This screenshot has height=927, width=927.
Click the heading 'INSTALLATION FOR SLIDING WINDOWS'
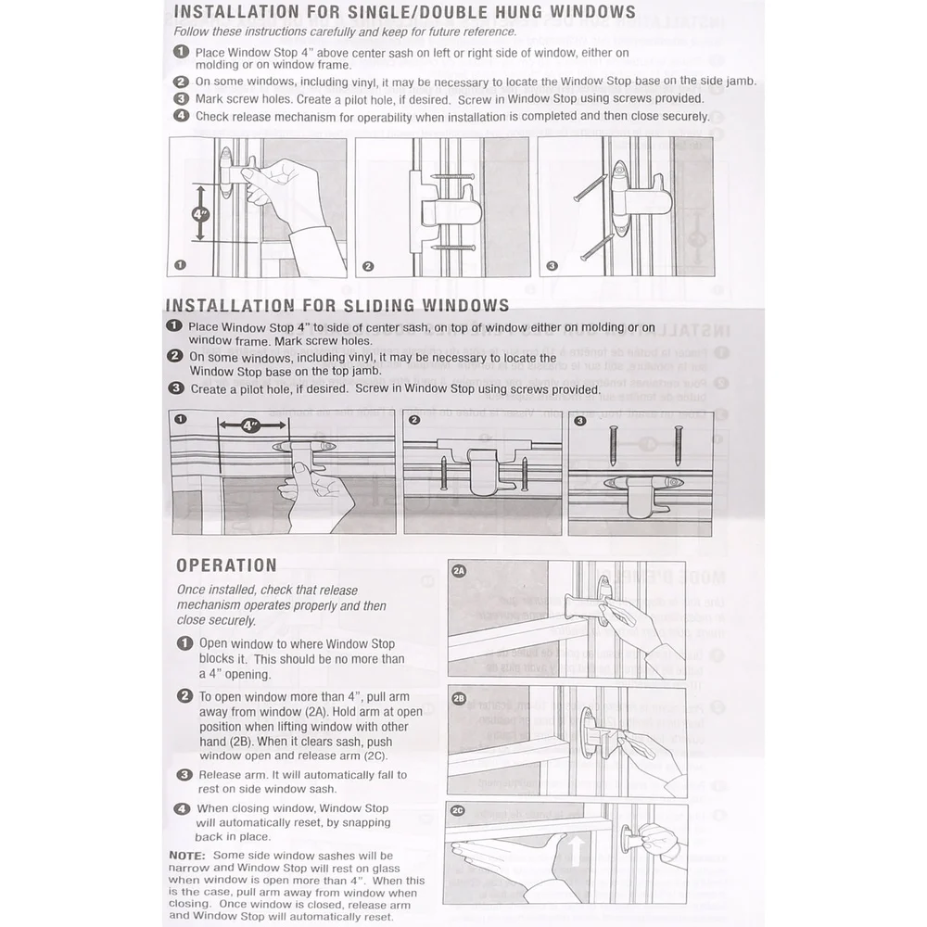pos(337,305)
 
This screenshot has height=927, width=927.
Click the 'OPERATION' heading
pos(226,565)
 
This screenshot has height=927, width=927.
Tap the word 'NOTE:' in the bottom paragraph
pos(188,855)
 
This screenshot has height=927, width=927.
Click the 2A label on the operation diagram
pos(459,571)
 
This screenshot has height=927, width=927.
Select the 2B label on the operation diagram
pos(459,697)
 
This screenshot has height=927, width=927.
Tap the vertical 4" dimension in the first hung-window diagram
pos(200,214)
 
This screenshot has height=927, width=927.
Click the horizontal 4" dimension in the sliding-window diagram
pos(250,426)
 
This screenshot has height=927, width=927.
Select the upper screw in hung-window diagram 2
pos(453,176)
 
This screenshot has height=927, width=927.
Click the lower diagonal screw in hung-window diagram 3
pos(597,248)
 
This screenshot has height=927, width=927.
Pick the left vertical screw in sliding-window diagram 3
pos(614,447)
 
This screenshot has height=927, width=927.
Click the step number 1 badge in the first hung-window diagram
pos(180,265)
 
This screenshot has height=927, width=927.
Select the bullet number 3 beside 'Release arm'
pos(184,775)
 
